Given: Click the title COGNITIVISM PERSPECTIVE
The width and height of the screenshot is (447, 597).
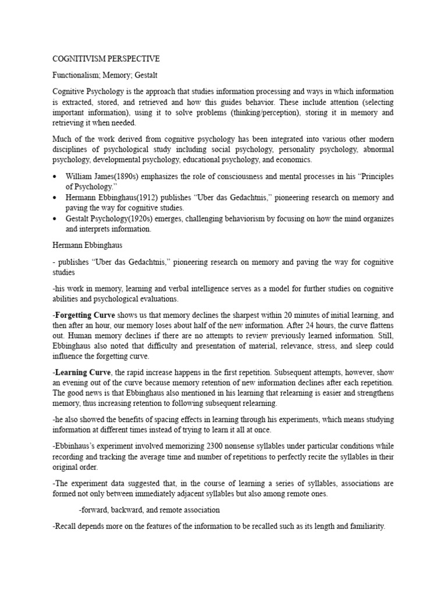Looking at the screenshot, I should (106, 59).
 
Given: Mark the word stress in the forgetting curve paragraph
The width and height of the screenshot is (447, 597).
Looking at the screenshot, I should (302, 345).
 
